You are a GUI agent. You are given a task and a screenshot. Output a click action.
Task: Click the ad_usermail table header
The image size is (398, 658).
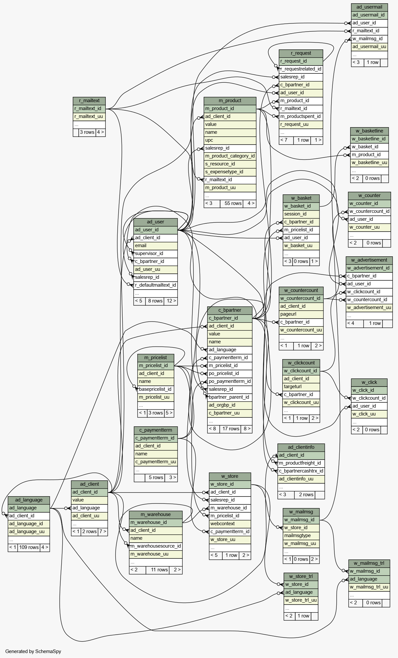tap(369, 7)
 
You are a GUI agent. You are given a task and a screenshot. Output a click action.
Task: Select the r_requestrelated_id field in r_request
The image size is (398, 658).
tap(300, 69)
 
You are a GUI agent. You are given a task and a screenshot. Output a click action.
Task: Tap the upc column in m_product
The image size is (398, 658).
tap(230, 140)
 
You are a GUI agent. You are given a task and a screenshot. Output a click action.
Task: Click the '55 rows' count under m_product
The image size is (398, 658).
tap(233, 203)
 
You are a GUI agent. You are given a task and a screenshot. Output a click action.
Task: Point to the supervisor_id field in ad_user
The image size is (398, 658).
tap(155, 253)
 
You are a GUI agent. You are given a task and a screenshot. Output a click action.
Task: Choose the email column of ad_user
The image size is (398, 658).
tap(155, 245)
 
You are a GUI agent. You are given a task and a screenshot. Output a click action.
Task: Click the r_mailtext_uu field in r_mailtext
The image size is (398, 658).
tap(89, 116)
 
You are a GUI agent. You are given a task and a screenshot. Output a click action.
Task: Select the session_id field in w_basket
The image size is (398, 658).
tap(301, 214)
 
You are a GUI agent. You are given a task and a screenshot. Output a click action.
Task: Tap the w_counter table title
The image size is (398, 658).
tap(369, 195)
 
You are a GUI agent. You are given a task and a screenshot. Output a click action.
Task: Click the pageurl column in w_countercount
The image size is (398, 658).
tap(301, 314)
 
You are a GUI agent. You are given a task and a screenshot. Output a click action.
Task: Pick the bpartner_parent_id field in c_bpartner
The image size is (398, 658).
tap(229, 397)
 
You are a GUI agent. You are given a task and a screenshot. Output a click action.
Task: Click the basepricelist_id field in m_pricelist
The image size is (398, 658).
tap(155, 389)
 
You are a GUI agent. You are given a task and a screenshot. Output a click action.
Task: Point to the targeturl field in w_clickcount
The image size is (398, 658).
tap(301, 386)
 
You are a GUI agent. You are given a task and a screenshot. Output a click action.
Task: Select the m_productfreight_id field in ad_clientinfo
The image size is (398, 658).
tap(300, 463)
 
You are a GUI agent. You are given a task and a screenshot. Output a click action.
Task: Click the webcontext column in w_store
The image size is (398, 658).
tap(230, 524)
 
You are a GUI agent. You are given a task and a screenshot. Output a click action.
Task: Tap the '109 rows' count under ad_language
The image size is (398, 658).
tap(29, 547)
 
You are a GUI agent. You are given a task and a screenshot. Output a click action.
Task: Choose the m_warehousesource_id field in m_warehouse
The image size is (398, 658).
tap(156, 546)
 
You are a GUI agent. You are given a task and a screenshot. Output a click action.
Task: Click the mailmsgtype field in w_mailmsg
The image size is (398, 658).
tap(301, 535)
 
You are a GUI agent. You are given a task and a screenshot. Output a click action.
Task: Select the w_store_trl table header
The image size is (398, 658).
tap(300, 576)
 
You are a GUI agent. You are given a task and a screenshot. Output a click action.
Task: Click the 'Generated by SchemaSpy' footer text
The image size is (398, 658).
tap(33, 651)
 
